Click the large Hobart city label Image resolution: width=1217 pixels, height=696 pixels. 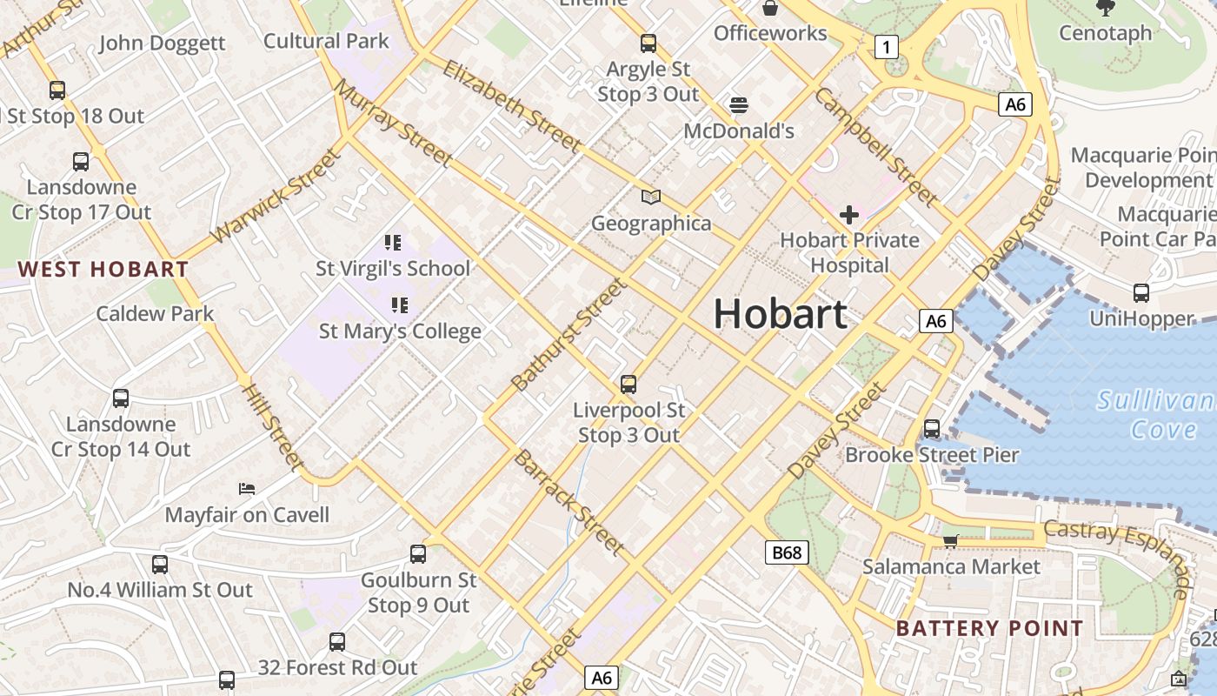pyautogui.click(x=780, y=314)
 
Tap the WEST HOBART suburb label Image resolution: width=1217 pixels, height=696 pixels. pyautogui.click(x=103, y=269)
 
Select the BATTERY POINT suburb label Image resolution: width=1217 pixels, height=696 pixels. pyautogui.click(x=989, y=628)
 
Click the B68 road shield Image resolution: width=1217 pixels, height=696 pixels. pyautogui.click(x=787, y=552)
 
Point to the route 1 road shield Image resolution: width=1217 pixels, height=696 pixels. pyautogui.click(x=885, y=47)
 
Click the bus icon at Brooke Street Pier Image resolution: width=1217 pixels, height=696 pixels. pyautogui.click(x=932, y=429)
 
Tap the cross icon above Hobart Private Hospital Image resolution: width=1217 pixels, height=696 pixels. pyautogui.click(x=849, y=214)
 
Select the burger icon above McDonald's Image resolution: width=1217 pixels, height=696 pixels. pyautogui.click(x=739, y=105)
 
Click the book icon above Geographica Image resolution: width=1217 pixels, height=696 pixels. pyautogui.click(x=651, y=197)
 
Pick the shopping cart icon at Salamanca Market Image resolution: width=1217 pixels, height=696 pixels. pyautogui.click(x=951, y=541)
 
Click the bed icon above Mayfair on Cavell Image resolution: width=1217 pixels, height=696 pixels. pyautogui.click(x=247, y=489)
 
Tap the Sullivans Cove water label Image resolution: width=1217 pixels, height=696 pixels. pyautogui.click(x=1156, y=415)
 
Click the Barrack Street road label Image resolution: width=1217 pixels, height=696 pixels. pyautogui.click(x=569, y=502)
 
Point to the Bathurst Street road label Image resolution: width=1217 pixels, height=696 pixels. pyautogui.click(x=569, y=335)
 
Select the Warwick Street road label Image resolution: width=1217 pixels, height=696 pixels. pyautogui.click(x=275, y=197)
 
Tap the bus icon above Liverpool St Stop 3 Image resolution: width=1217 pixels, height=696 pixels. pyautogui.click(x=628, y=384)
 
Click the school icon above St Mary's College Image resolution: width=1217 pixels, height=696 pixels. pyautogui.click(x=400, y=304)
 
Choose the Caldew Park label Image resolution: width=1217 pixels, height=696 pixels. pyautogui.click(x=155, y=313)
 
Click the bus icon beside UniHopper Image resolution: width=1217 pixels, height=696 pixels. pyautogui.click(x=1141, y=293)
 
